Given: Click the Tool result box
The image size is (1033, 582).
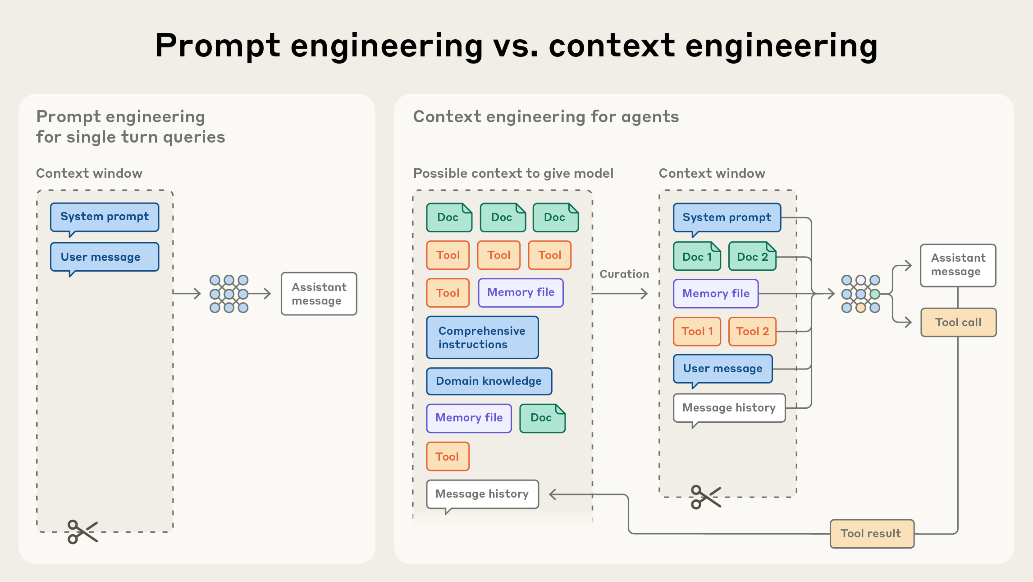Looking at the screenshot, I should (872, 534).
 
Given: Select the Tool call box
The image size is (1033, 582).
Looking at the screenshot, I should (958, 323).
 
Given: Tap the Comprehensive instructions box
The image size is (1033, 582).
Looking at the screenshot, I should (482, 337).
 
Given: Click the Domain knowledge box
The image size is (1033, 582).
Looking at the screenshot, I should (489, 381).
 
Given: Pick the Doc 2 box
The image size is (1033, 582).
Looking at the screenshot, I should (752, 257).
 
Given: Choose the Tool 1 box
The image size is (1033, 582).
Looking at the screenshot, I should (697, 332).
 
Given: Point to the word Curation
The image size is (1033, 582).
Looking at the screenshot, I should (624, 274).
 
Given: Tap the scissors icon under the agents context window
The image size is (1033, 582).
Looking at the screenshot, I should (705, 497).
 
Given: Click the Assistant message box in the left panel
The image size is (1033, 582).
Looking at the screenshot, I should (319, 294).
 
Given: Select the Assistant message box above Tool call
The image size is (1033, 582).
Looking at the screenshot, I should (958, 265).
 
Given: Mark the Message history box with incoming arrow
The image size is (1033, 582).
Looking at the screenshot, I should (482, 494).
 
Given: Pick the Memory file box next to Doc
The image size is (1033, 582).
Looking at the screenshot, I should (469, 418).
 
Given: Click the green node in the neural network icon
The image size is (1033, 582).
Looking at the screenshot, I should (875, 294).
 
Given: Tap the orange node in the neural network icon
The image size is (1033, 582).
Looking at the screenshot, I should (861, 308).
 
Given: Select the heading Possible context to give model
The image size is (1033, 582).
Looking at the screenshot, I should (513, 173).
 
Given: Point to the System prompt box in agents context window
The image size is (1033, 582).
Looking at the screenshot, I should (727, 217).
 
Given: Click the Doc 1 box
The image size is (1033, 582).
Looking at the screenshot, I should (697, 257).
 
